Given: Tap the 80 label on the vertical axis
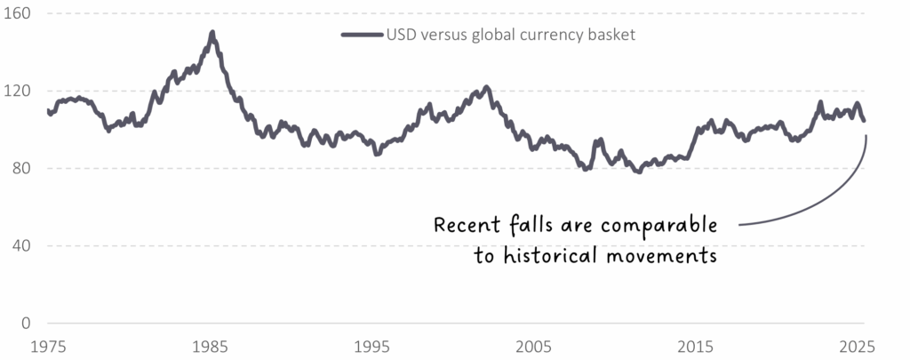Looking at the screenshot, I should (x=20, y=169).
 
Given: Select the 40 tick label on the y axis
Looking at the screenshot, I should (x=20, y=246).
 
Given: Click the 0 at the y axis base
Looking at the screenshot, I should (x=26, y=324).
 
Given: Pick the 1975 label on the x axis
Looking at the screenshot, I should (x=49, y=344).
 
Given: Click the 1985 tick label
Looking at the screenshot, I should (x=211, y=344).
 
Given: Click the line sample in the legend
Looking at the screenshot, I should (x=362, y=36).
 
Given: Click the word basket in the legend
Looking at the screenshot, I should (x=611, y=36).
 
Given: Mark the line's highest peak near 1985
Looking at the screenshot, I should (x=212, y=33).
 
